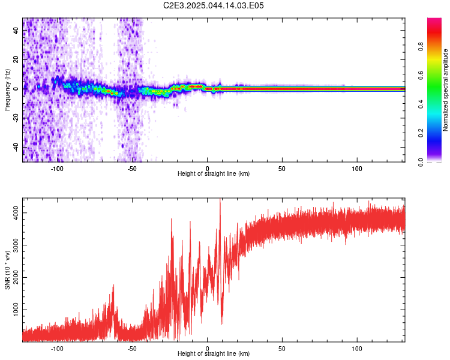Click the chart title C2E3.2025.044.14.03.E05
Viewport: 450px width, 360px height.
pos(213,5)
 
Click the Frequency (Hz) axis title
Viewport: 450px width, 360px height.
pos(7,90)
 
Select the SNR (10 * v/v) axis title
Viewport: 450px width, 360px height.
pos(7,270)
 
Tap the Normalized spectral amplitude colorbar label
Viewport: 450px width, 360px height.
pos(445,90)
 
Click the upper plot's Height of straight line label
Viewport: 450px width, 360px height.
pos(214,173)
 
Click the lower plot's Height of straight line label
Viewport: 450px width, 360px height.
pos(214,353)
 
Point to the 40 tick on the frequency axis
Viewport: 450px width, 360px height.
pos(16,30)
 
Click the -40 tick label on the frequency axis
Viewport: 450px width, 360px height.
pos(16,148)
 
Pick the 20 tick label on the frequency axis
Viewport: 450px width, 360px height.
pos(16,59)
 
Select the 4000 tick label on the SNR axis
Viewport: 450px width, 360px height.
pos(16,213)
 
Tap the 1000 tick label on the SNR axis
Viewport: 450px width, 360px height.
pos(16,310)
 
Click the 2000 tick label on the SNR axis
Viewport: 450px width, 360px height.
pos(16,277)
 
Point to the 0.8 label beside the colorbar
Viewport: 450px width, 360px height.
pos(421,47)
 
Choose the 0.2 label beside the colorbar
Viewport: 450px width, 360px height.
pos(421,133)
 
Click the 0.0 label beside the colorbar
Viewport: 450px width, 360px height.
pos(421,162)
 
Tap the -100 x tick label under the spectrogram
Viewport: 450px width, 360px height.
pos(57,169)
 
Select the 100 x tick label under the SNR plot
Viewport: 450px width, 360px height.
pos(357,348)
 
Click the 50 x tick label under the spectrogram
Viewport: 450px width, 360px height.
pos(282,169)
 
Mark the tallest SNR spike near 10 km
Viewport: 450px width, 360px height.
pos(220,199)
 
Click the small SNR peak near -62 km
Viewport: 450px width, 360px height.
pos(113,285)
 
